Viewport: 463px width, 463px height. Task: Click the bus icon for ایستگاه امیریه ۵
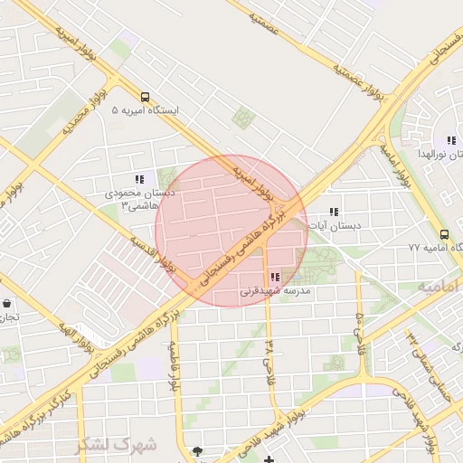click(x=145, y=96)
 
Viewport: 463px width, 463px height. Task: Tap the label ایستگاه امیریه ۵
click(x=146, y=110)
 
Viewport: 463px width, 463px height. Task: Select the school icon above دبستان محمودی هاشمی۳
click(x=138, y=180)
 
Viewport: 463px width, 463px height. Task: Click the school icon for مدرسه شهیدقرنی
click(x=274, y=278)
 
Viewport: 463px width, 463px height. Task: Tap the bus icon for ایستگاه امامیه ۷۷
click(x=443, y=233)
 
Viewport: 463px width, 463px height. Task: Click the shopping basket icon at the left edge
click(x=7, y=304)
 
